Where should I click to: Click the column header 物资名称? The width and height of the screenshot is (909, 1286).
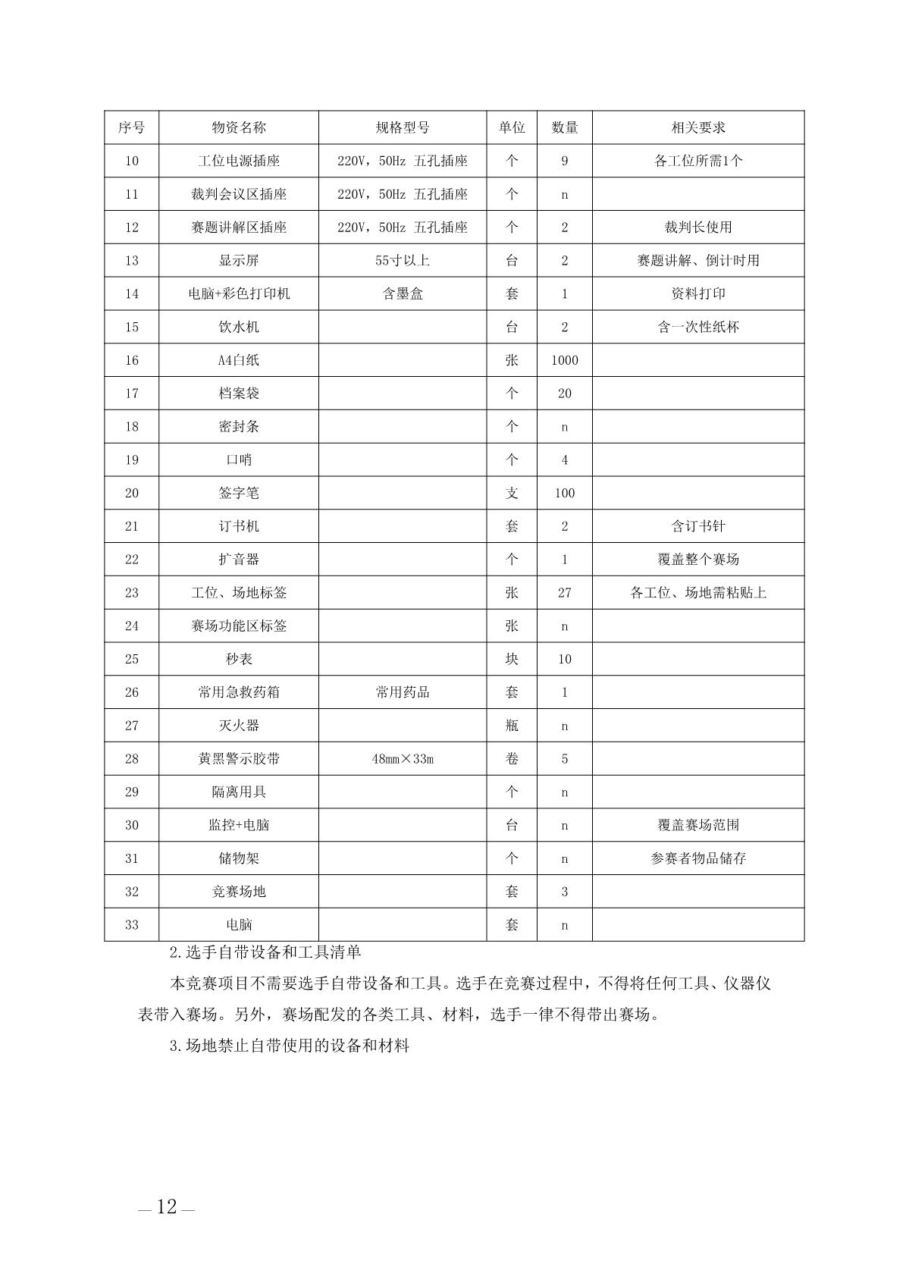(x=239, y=127)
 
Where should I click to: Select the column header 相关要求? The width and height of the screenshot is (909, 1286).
(x=697, y=127)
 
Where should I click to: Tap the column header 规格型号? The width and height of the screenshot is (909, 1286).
(x=403, y=127)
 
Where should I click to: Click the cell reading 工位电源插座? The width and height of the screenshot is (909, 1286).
(x=239, y=161)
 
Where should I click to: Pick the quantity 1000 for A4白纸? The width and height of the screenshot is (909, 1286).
(x=564, y=360)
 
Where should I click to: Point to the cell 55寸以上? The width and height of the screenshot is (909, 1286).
(x=403, y=260)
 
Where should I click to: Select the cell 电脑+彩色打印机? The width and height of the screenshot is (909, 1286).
(x=239, y=293)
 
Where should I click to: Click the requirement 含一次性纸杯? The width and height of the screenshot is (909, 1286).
(x=697, y=327)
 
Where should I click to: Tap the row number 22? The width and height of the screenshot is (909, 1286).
(x=132, y=559)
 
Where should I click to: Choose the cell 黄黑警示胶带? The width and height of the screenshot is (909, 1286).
(x=239, y=758)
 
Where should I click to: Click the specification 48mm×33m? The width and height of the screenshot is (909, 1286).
(x=403, y=758)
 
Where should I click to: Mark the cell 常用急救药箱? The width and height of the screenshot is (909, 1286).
(x=239, y=692)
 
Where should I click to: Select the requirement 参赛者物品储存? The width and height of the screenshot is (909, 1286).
(x=697, y=858)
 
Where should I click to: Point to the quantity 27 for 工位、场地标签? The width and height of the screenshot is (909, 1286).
(x=564, y=592)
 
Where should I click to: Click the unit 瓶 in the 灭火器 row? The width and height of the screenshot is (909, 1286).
(x=512, y=726)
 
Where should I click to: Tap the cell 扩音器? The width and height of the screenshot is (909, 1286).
(x=239, y=559)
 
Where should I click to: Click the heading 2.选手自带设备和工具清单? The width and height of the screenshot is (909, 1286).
(x=266, y=952)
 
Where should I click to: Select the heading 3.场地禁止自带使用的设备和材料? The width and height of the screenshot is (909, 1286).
(x=290, y=1046)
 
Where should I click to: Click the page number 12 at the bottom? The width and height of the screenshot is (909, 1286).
(x=167, y=1206)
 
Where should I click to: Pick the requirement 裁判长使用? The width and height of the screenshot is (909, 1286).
(x=697, y=227)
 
